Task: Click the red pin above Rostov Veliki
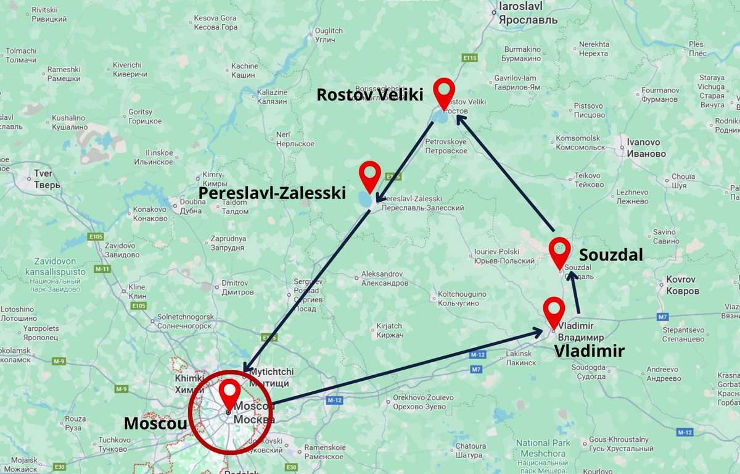pyautogui.click(x=444, y=93)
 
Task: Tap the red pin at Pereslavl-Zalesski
pyautogui.click(x=370, y=175)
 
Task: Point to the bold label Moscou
pyautogui.click(x=154, y=423)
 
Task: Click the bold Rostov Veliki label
pyautogui.click(x=370, y=95)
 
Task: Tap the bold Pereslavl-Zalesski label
pyautogui.click(x=272, y=193)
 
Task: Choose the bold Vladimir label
pyautogui.click(x=589, y=351)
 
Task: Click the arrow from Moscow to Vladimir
pyautogui.click(x=407, y=368)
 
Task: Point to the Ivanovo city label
pyautogui.click(x=646, y=148)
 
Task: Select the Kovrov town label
pyautogui.click(x=682, y=285)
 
